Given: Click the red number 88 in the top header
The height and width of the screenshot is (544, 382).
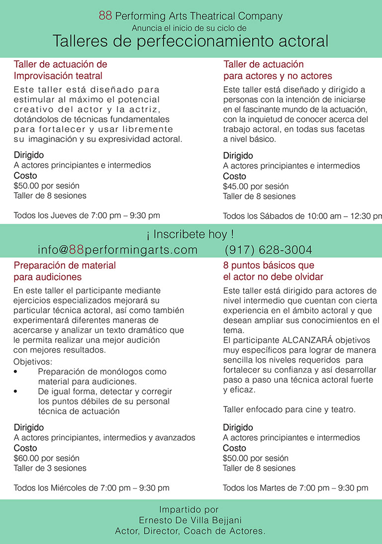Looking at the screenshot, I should tap(105, 16).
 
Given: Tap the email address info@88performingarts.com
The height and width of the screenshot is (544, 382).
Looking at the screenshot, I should tap(117, 250).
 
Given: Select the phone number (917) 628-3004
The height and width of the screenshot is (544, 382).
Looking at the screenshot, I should tap(269, 250).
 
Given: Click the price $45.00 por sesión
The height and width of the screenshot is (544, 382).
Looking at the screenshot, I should tap(256, 186).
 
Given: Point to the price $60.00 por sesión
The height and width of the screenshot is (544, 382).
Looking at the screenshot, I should tap(46, 458).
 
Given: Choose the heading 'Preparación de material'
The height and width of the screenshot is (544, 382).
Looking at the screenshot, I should tap(65, 266).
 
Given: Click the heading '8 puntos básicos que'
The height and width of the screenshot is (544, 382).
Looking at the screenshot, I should tap(269, 266).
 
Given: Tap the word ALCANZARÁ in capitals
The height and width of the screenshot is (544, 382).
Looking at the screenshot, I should tap(304, 340).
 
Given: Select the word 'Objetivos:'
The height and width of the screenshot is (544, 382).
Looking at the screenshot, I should tap(33, 362).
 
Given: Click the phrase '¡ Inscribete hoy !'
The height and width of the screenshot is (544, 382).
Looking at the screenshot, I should tap(191, 234).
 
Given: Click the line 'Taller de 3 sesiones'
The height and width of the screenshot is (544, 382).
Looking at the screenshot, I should tap(50, 468).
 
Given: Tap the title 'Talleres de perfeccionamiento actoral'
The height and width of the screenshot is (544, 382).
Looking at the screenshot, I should tap(191, 41).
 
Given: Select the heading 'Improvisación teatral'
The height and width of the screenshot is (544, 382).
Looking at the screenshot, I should tap(58, 76).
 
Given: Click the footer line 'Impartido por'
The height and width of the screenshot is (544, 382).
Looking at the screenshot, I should tap(189, 510).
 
